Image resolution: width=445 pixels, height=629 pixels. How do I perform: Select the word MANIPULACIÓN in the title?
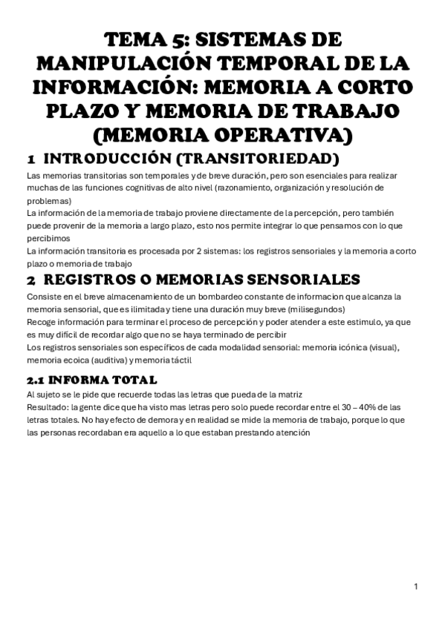122,65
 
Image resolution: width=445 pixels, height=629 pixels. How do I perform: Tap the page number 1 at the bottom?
416,587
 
